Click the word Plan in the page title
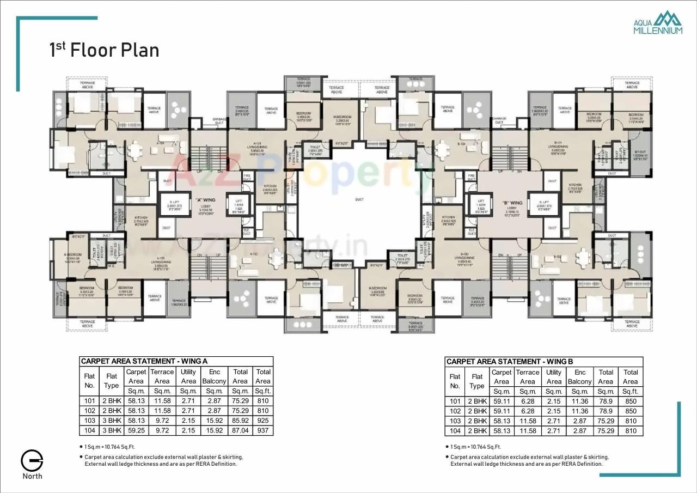[x=140, y=50]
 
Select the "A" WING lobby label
[x=206, y=201]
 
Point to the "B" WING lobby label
[x=512, y=203]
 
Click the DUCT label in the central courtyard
[x=359, y=199]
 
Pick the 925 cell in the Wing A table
[x=262, y=421]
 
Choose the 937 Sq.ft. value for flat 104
[x=262, y=430]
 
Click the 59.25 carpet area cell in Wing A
[x=135, y=430]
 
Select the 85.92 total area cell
[x=240, y=421]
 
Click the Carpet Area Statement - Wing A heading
[x=144, y=361]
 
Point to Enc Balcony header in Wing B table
[x=579, y=377]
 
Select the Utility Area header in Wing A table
[x=188, y=376]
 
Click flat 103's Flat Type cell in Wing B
[x=477, y=421]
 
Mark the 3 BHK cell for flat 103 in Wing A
[x=111, y=421]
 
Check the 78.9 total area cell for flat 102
[x=606, y=411]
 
